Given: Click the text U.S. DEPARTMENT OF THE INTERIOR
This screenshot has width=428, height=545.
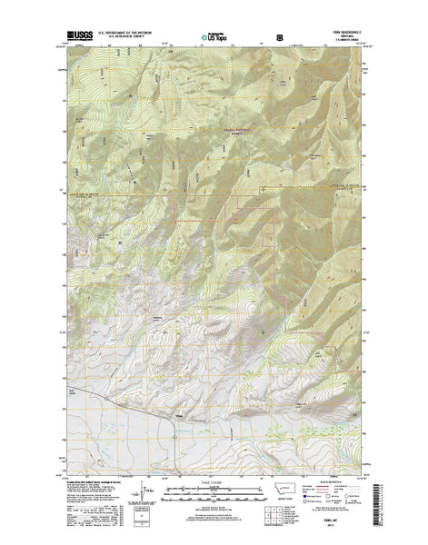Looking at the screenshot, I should pos(126,34).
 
